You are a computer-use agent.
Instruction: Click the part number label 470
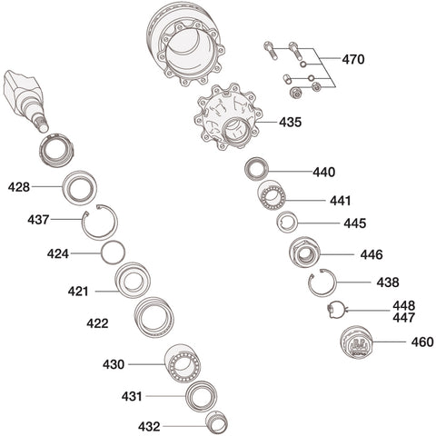(x=353, y=60)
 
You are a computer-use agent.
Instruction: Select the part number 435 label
(x=290, y=121)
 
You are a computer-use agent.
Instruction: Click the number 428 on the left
(x=19, y=187)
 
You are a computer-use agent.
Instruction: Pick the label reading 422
(x=97, y=323)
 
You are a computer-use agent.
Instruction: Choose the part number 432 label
(x=149, y=426)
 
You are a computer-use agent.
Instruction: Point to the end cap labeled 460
(x=356, y=346)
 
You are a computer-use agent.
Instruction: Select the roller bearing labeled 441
(x=272, y=196)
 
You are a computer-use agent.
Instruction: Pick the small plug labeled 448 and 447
(x=335, y=310)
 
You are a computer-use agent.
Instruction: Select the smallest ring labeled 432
(x=216, y=422)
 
